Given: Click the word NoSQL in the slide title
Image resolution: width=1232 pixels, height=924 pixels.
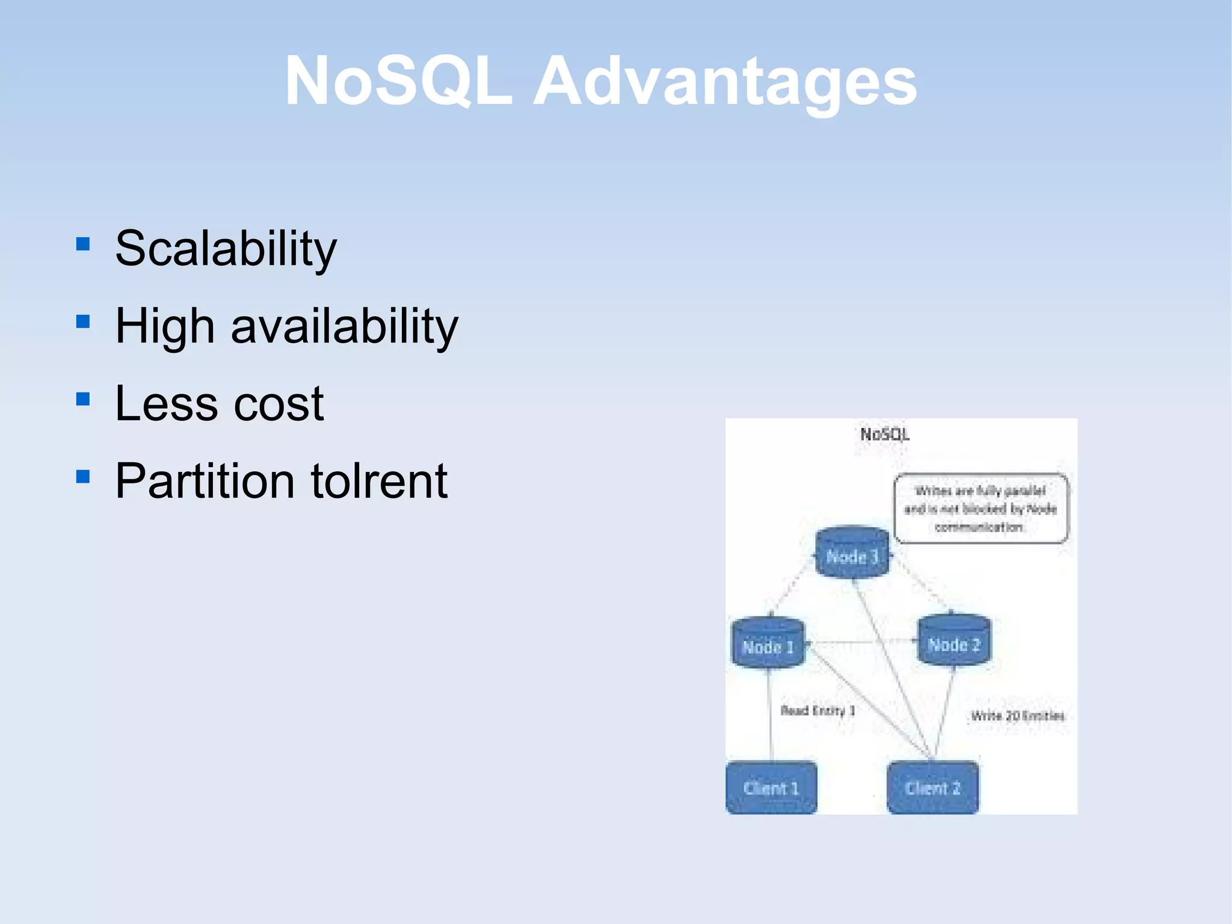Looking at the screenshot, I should pyautogui.click(x=398, y=81).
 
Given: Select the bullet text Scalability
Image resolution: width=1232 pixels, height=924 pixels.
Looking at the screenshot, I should pyautogui.click(x=226, y=249).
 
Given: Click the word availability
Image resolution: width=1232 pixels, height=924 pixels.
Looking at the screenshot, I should pyautogui.click(x=344, y=326).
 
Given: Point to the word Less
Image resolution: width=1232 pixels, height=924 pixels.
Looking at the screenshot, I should pyautogui.click(x=165, y=403).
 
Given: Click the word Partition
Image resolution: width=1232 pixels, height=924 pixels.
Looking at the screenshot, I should pyautogui.click(x=205, y=481).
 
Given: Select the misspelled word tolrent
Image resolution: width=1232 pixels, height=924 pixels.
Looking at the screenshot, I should pyautogui.click(x=379, y=481).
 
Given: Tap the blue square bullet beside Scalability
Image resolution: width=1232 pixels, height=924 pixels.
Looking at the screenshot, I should pyautogui.click(x=83, y=244).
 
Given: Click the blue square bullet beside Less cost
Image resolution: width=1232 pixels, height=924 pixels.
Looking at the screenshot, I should pyautogui.click(x=83, y=399).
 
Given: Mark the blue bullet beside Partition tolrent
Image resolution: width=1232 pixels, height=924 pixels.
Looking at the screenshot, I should pyautogui.click(x=83, y=477).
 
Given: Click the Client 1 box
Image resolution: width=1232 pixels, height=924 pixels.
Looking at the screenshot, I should pyautogui.click(x=771, y=787).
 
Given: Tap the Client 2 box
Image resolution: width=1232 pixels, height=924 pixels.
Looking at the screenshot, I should pyautogui.click(x=932, y=787).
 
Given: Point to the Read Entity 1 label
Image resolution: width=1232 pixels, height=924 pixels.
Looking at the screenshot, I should pyautogui.click(x=817, y=710).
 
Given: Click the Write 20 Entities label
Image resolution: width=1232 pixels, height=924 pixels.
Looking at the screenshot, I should pyautogui.click(x=1017, y=715).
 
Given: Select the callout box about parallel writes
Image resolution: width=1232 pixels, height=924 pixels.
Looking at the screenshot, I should pyautogui.click(x=981, y=509).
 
